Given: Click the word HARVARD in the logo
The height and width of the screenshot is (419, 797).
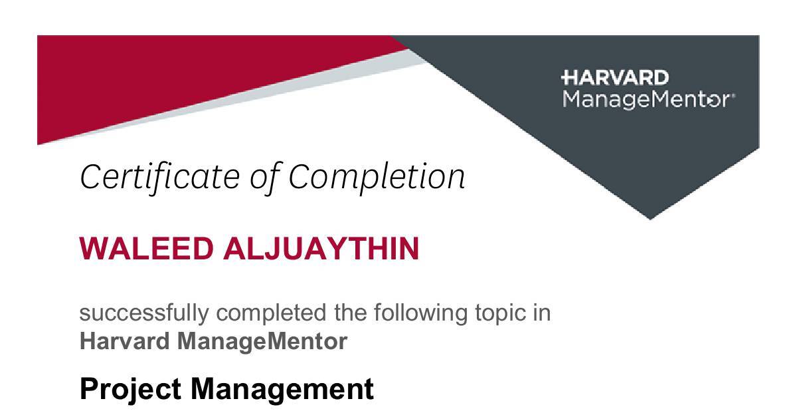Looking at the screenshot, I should pyautogui.click(x=615, y=78).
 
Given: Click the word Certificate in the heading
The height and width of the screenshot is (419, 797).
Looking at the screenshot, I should pyautogui.click(x=160, y=177).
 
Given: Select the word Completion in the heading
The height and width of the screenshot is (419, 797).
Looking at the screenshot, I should pyautogui.click(x=377, y=177).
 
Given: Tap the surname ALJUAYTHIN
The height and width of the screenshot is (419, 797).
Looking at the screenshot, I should pyautogui.click(x=321, y=249).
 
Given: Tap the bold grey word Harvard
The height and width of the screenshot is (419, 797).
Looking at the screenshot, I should pyautogui.click(x=125, y=342).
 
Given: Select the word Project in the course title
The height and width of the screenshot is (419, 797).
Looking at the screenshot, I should pyautogui.click(x=131, y=388).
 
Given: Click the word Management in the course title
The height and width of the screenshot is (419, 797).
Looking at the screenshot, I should pyautogui.click(x=282, y=388).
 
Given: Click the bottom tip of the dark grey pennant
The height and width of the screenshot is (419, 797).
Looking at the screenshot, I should pyautogui.click(x=650, y=217).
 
